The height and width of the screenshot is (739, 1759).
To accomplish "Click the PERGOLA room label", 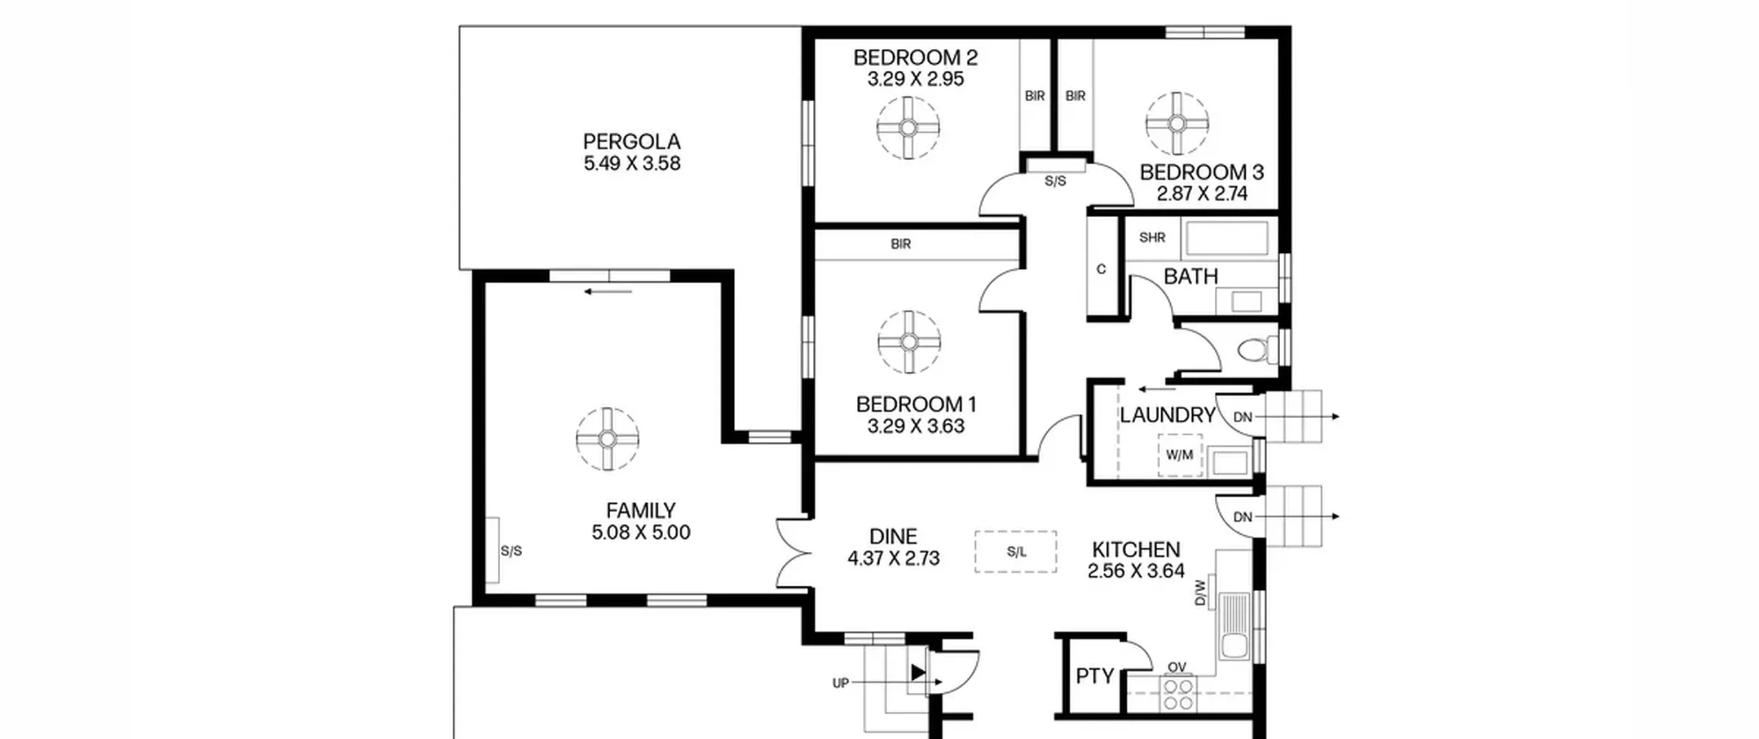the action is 631,142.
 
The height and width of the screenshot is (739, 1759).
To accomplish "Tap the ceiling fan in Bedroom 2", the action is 908,128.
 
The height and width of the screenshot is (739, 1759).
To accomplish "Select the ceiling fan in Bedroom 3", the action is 1177,124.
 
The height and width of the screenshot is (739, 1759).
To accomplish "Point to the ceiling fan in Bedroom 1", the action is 909,342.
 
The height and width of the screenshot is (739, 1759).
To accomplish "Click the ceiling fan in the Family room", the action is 607,439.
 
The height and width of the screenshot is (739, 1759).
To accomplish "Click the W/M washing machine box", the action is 1180,455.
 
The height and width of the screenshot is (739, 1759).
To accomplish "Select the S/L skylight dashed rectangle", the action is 1016,551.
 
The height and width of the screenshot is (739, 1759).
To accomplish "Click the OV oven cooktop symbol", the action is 1178,694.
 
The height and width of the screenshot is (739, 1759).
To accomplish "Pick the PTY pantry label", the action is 1095,676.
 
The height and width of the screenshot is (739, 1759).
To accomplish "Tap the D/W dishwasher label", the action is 1200,593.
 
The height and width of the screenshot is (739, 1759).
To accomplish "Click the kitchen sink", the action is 1237,627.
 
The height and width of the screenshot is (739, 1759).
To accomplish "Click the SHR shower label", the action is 1152,237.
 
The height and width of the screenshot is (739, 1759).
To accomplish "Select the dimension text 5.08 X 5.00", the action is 641,532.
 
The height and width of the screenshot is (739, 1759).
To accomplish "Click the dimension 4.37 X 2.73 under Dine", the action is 893,558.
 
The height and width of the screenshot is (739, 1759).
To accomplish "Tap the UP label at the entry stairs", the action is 840,683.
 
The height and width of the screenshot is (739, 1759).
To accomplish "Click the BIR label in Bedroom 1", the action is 901,244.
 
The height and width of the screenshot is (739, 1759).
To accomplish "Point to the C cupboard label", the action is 1101,269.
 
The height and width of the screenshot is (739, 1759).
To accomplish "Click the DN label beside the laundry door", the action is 1243,417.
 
